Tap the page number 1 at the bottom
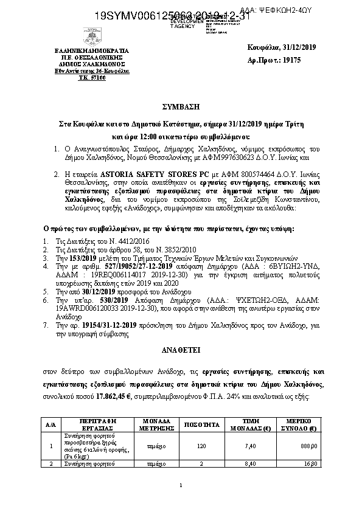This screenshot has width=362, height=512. (181, 485)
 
